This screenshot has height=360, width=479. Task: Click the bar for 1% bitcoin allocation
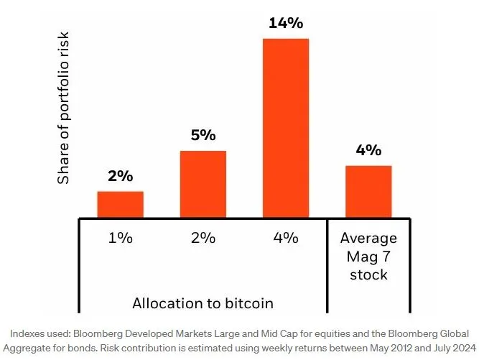pyautogui.click(x=120, y=204)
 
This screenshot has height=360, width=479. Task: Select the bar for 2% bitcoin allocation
pyautogui.click(x=203, y=184)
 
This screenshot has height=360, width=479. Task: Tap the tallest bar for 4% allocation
pyautogui.click(x=286, y=128)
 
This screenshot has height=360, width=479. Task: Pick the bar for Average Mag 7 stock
pyautogui.click(x=368, y=191)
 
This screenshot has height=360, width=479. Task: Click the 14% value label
pyautogui.click(x=286, y=23)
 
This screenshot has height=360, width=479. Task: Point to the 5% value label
pyautogui.click(x=203, y=136)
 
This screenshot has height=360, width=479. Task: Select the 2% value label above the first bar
pyautogui.click(x=120, y=177)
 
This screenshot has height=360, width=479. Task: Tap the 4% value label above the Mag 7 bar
pyautogui.click(x=368, y=151)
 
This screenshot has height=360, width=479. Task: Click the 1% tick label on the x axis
pyautogui.click(x=120, y=239)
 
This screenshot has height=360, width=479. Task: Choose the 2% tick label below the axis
pyautogui.click(x=203, y=239)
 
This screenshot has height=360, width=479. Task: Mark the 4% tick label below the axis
pyautogui.click(x=286, y=239)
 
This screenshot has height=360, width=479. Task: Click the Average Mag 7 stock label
pyautogui.click(x=368, y=256)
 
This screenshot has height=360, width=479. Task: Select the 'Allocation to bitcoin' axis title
pyautogui.click(x=203, y=303)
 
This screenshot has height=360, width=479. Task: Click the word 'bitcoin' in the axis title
pyautogui.click(x=249, y=303)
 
